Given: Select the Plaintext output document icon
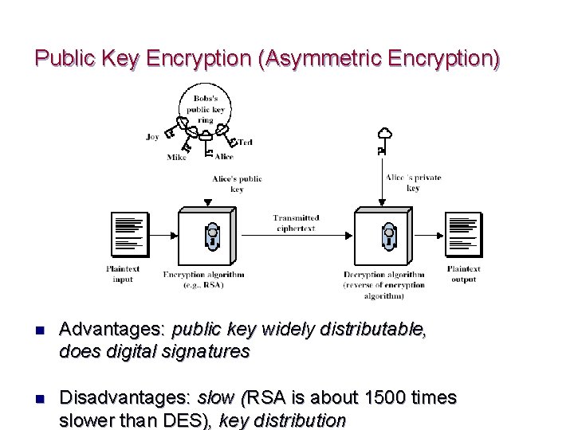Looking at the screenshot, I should [x=463, y=236].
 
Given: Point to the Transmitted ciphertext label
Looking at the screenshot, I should [x=296, y=223].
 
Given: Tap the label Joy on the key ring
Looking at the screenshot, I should [x=152, y=137].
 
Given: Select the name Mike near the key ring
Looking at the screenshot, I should [x=176, y=157].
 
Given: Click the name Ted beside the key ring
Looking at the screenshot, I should [x=245, y=143].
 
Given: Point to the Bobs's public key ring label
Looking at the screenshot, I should [x=206, y=109].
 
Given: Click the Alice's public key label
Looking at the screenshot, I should [x=237, y=184].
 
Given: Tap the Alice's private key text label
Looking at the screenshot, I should [x=413, y=183].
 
